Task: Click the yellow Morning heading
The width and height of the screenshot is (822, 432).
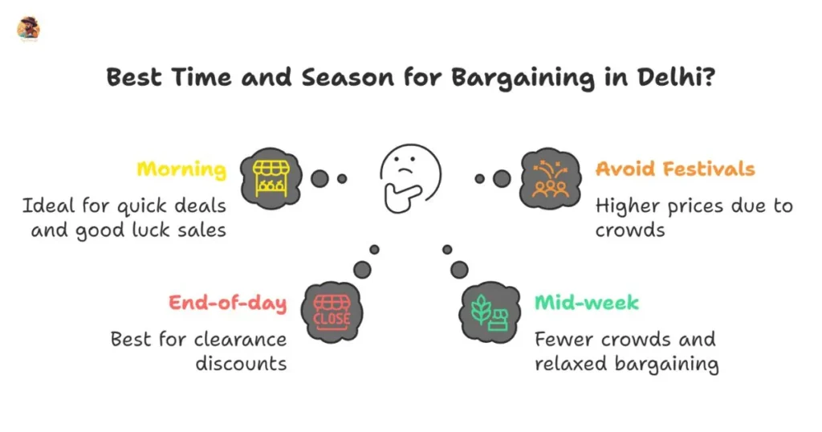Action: (181, 169)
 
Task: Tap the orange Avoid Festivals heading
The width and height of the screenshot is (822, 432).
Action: (675, 169)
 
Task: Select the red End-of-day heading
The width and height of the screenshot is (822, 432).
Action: (228, 303)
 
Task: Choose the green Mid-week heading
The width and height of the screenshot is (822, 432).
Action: (587, 303)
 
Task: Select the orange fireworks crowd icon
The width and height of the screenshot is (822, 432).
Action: (550, 177)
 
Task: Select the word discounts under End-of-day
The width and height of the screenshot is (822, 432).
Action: (241, 363)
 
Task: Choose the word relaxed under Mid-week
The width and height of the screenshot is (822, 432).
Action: (571, 363)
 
